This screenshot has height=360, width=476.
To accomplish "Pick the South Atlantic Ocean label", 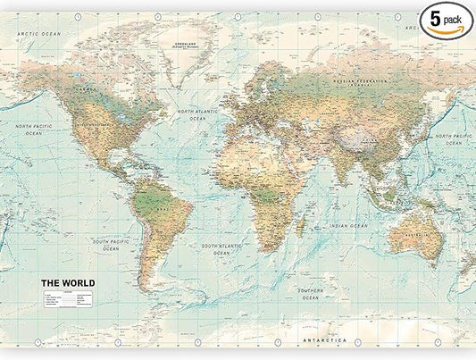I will [221, 247].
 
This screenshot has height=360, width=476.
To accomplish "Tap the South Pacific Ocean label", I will [110, 246].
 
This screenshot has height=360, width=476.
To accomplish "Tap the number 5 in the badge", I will [435, 17].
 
